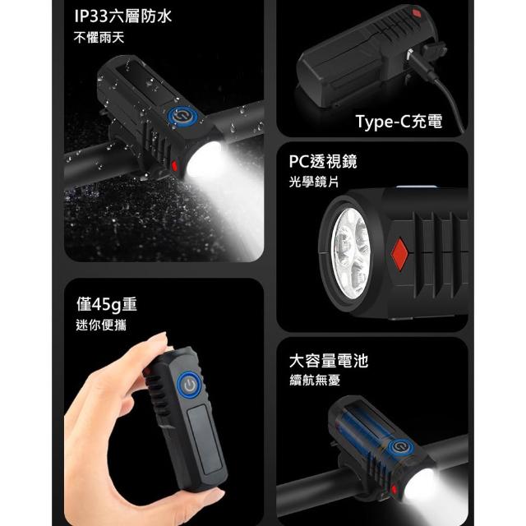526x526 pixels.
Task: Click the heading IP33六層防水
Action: (x=122, y=16)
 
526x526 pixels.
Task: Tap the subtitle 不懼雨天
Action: (x=99, y=38)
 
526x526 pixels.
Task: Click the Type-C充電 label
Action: (x=399, y=121)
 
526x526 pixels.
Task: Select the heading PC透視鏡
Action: (x=323, y=161)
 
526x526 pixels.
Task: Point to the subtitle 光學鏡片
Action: (x=314, y=182)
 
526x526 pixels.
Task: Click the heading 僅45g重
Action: (x=107, y=304)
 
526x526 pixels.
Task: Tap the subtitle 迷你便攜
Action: (x=101, y=325)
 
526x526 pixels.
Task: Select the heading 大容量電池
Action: (x=329, y=361)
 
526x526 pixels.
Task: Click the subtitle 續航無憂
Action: (x=315, y=381)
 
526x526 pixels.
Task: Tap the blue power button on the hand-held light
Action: (x=190, y=385)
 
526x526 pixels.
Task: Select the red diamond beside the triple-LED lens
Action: (x=399, y=254)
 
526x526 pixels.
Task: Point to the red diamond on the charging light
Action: (x=417, y=14)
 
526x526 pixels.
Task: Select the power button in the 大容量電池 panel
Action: (x=399, y=447)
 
